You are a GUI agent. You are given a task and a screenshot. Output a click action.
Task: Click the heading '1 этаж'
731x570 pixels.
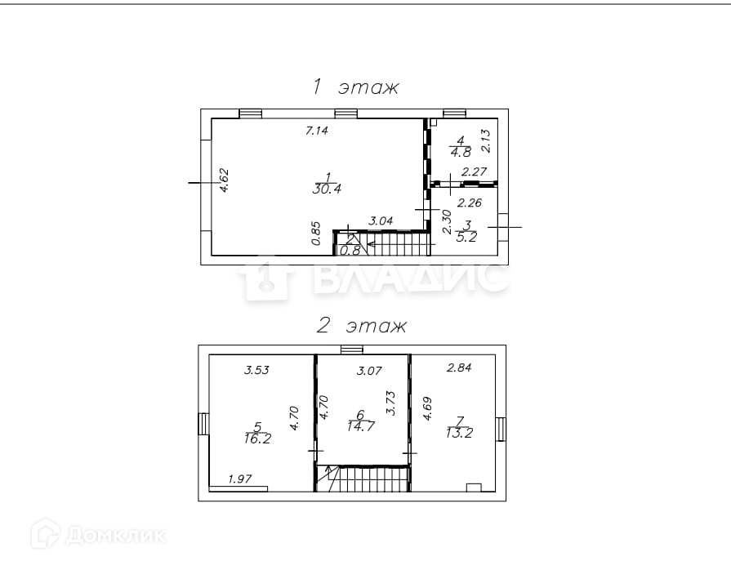click(x=354, y=87)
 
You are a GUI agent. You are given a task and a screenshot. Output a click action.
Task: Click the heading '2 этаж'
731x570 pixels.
click(x=361, y=327)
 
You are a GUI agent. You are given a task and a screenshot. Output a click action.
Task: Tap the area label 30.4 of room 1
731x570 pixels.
click(x=327, y=189)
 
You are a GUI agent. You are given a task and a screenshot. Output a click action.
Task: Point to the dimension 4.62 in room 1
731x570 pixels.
click(x=224, y=180)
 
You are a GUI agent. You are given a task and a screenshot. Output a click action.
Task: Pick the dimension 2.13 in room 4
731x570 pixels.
click(x=484, y=140)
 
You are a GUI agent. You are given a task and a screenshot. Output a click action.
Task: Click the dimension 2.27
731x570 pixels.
click(x=475, y=171)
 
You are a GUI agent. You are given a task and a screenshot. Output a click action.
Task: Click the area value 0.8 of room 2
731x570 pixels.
click(x=350, y=251)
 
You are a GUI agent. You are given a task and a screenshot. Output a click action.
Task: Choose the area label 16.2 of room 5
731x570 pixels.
click(x=258, y=438)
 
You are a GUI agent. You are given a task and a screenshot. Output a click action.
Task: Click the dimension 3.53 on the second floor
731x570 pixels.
click(x=257, y=370)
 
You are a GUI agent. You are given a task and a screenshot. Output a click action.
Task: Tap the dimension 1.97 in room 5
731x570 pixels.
click(x=240, y=479)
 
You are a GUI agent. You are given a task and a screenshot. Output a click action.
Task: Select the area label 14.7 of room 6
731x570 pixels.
click(x=360, y=426)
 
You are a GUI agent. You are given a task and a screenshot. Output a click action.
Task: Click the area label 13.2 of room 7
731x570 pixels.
click(x=460, y=433)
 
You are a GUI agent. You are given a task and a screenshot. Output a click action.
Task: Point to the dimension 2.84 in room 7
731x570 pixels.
click(x=459, y=368)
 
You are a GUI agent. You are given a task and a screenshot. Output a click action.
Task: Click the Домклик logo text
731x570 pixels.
click(x=114, y=536)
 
